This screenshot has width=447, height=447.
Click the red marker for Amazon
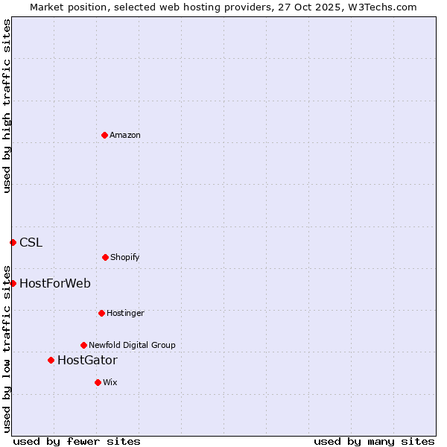104,135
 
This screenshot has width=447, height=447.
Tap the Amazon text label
125,136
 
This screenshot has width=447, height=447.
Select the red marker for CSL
13,242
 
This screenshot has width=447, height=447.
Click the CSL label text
31,242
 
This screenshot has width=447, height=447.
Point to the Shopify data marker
105,257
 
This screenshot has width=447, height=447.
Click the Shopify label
125,258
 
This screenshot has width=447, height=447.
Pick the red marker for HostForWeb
13,283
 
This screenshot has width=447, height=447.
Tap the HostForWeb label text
55,283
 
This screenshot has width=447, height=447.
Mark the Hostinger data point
101,313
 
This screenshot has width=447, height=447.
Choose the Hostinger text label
125,314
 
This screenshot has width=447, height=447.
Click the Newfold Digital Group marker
83,345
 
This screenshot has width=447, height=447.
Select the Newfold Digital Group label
132,346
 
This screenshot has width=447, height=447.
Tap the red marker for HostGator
51,360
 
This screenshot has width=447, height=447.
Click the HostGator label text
87,361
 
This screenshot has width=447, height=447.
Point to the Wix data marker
98,382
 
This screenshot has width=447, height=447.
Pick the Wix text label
110,383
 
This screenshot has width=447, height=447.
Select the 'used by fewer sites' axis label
77,441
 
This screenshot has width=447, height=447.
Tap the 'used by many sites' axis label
374,441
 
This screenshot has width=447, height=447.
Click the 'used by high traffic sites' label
7,106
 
